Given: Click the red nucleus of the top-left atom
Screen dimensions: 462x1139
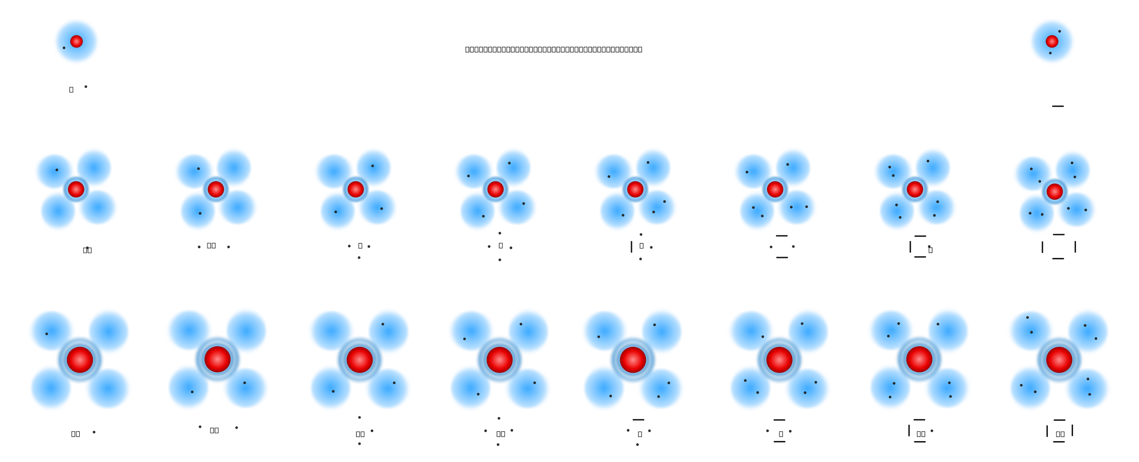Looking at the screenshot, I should tap(77, 41).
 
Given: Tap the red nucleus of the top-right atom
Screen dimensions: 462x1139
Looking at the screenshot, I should tap(1052, 41).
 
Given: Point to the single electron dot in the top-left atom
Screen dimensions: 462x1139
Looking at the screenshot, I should tap(64, 48).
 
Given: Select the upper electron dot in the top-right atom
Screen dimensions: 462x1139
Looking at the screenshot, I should tap(1059, 32).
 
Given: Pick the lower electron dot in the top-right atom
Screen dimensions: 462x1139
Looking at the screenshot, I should tap(1050, 53).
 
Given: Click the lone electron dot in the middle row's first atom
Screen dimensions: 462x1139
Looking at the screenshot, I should tap(57, 170).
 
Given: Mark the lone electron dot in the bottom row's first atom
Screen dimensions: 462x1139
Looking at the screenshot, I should tap(47, 334).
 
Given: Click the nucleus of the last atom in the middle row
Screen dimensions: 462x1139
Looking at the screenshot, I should tap(1054, 192).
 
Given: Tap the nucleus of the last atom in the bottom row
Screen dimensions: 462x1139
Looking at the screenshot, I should tap(1059, 359).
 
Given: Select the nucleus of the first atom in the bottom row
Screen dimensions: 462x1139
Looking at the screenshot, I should tap(80, 360).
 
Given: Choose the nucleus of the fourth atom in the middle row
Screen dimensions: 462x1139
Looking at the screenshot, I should tap(495, 189).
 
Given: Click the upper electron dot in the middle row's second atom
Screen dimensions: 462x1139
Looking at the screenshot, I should tap(198, 169).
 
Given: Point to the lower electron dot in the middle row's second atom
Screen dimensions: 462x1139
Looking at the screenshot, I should tap(200, 213).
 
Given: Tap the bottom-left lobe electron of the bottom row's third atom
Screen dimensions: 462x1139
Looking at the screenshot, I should tap(333, 391).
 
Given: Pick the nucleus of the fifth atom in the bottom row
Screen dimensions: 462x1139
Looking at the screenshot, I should tap(633, 359).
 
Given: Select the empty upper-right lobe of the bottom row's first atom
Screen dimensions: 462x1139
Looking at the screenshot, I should tap(109, 329).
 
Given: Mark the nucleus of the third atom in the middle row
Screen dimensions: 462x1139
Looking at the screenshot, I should tap(355, 189).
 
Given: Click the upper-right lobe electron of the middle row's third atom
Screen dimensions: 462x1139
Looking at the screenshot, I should tap(372, 166).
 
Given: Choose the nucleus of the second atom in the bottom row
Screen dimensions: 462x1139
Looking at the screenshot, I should tap(218, 359).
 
